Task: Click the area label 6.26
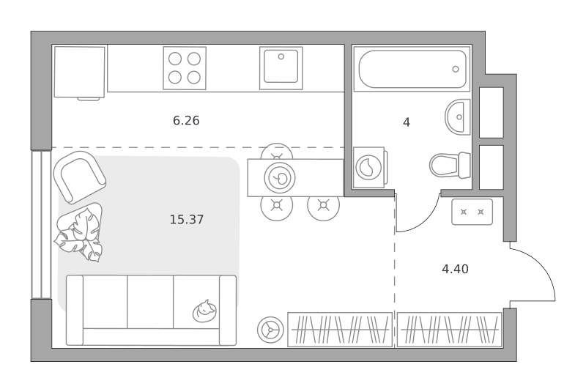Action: [x=186, y=120]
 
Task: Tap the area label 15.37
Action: [x=187, y=219]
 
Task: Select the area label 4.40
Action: [x=455, y=269]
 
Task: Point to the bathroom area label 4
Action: [x=407, y=122]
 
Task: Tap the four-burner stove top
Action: [x=185, y=68]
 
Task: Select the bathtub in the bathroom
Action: [x=412, y=69]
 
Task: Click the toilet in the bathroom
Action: [x=450, y=165]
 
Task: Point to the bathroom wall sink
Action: [x=457, y=117]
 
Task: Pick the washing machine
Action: [x=369, y=168]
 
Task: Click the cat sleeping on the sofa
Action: [x=204, y=311]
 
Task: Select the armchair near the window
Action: [x=80, y=177]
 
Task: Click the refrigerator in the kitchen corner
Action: [x=80, y=73]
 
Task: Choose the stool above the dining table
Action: [x=277, y=152]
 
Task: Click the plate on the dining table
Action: [x=280, y=178]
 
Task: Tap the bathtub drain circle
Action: [x=456, y=69]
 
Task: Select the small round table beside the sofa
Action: [x=270, y=330]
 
